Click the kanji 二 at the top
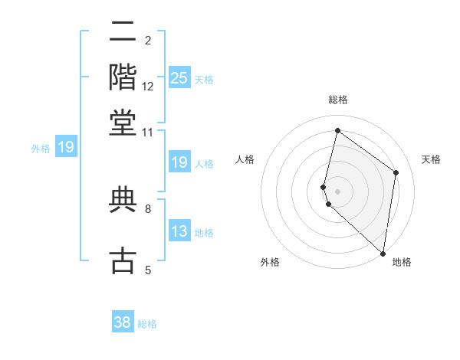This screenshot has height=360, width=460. [123, 33]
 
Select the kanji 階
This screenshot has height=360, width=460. [123, 78]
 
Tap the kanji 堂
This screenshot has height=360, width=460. [123, 123]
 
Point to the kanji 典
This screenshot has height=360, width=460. [123, 200]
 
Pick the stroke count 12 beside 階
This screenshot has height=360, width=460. [148, 87]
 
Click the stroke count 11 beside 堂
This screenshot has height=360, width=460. [148, 133]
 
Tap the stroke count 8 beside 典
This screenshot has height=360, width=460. [148, 208]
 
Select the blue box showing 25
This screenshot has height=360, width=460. [179, 78]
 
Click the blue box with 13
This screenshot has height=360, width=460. [179, 231]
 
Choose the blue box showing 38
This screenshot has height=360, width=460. [123, 322]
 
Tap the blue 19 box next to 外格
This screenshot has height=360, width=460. [66, 147]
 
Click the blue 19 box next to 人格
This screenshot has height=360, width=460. [179, 162]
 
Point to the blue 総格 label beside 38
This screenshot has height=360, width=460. [148, 324]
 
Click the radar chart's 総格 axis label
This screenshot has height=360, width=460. [337, 100]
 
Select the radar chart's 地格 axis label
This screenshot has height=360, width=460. [402, 262]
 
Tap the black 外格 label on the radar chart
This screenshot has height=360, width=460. [270, 262]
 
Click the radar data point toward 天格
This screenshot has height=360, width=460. [396, 172]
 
